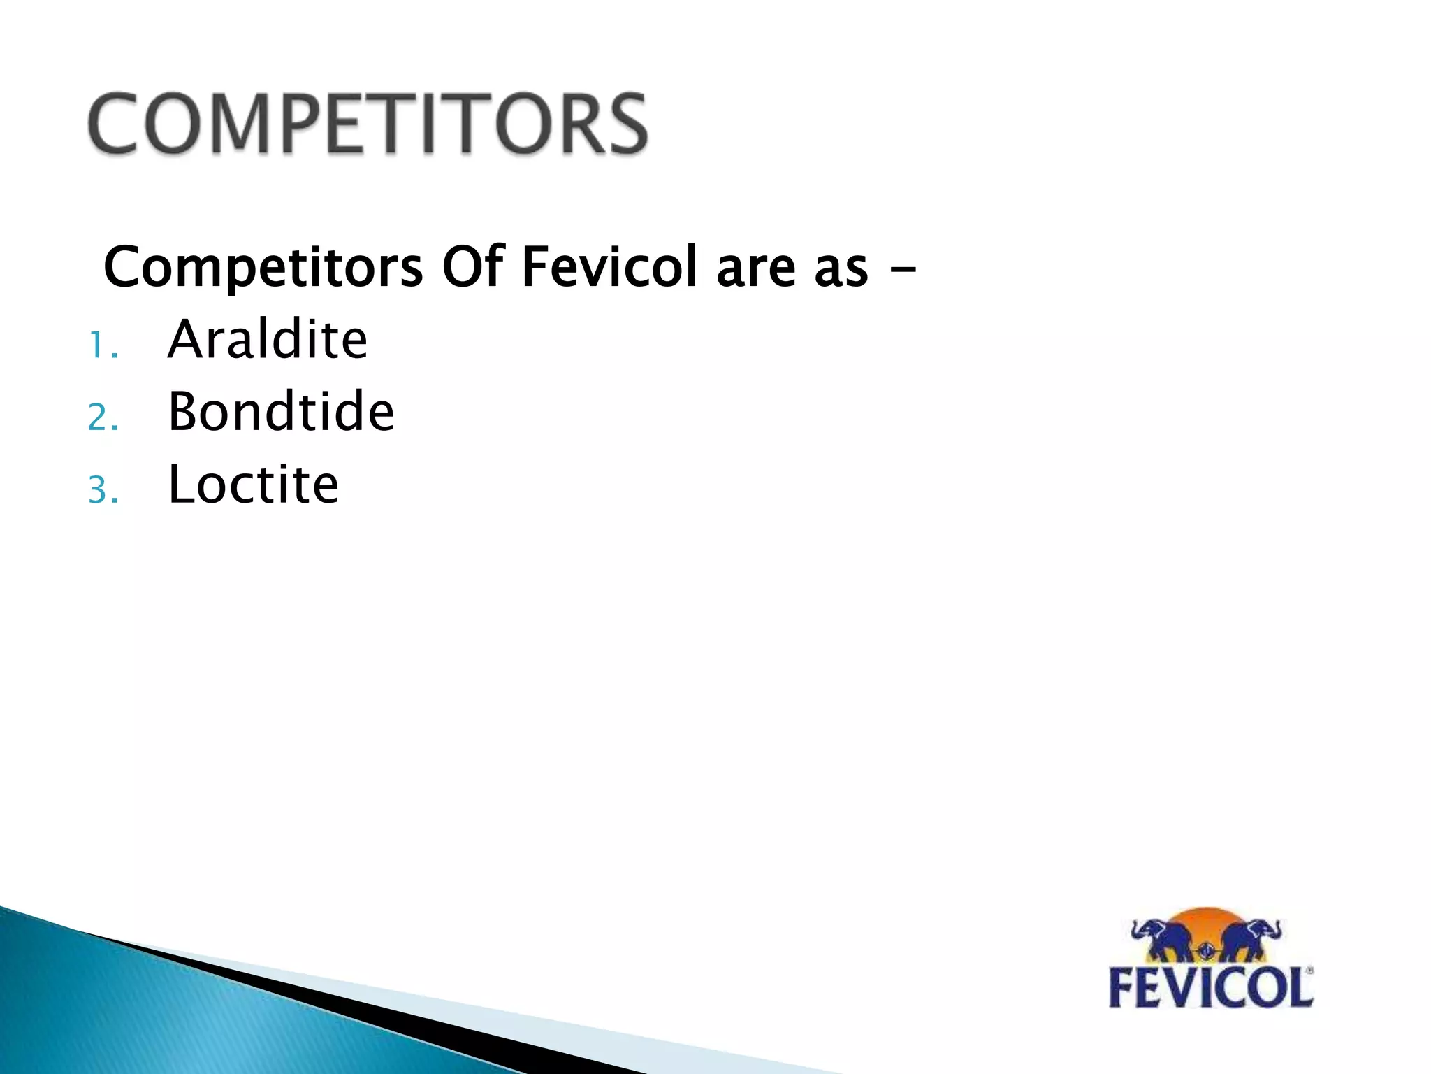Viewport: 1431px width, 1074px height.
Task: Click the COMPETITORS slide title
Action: point(368,124)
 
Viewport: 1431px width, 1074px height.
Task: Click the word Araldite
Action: point(268,340)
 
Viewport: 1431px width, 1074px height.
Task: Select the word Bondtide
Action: point(281,412)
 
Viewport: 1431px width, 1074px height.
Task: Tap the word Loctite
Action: point(254,484)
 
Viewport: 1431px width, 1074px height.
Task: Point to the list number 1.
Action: point(101,345)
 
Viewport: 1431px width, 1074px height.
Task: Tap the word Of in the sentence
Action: point(473,267)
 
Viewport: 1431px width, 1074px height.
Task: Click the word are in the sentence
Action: point(756,268)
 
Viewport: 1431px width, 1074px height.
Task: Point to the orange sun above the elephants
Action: point(1207,919)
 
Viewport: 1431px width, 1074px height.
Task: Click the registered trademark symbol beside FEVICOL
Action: point(1309,971)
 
